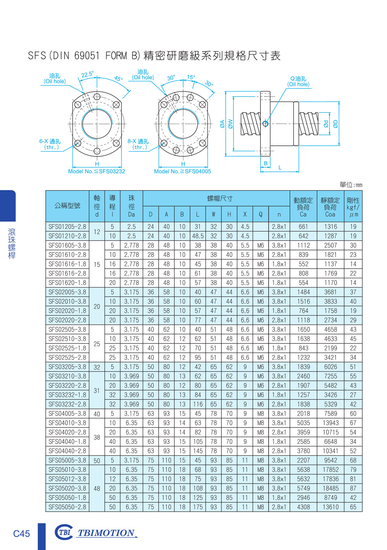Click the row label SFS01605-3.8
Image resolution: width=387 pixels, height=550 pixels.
[x=67, y=245]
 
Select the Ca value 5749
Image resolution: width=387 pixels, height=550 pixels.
[x=303, y=488]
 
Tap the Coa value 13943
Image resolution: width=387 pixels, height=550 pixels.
[x=330, y=423]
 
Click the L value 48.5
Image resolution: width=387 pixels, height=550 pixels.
[x=198, y=236]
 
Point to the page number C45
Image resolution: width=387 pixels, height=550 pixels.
[x=21, y=534]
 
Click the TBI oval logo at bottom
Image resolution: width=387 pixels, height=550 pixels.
[x=64, y=533]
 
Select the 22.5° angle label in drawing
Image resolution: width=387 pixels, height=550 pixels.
[x=87, y=74]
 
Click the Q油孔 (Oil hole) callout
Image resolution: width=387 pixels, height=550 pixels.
[x=298, y=81]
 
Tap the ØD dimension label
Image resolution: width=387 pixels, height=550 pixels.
[x=336, y=124]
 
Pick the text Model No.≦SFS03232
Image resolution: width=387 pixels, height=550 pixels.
[x=96, y=171]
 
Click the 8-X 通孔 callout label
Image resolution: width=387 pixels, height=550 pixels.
[x=138, y=144]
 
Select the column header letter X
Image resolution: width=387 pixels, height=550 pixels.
[x=245, y=214]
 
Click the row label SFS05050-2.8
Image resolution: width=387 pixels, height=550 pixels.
[x=67, y=507]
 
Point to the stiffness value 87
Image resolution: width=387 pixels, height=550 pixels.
[x=353, y=488]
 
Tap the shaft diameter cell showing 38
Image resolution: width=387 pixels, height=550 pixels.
[x=97, y=437]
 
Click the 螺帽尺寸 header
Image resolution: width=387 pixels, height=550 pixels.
[x=220, y=198]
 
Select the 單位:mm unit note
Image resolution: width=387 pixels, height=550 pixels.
[x=351, y=185]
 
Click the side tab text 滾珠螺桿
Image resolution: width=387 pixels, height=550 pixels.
[x=12, y=243]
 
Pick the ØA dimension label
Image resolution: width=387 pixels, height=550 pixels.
[x=222, y=124]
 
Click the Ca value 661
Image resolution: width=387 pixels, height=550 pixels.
[x=303, y=227]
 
